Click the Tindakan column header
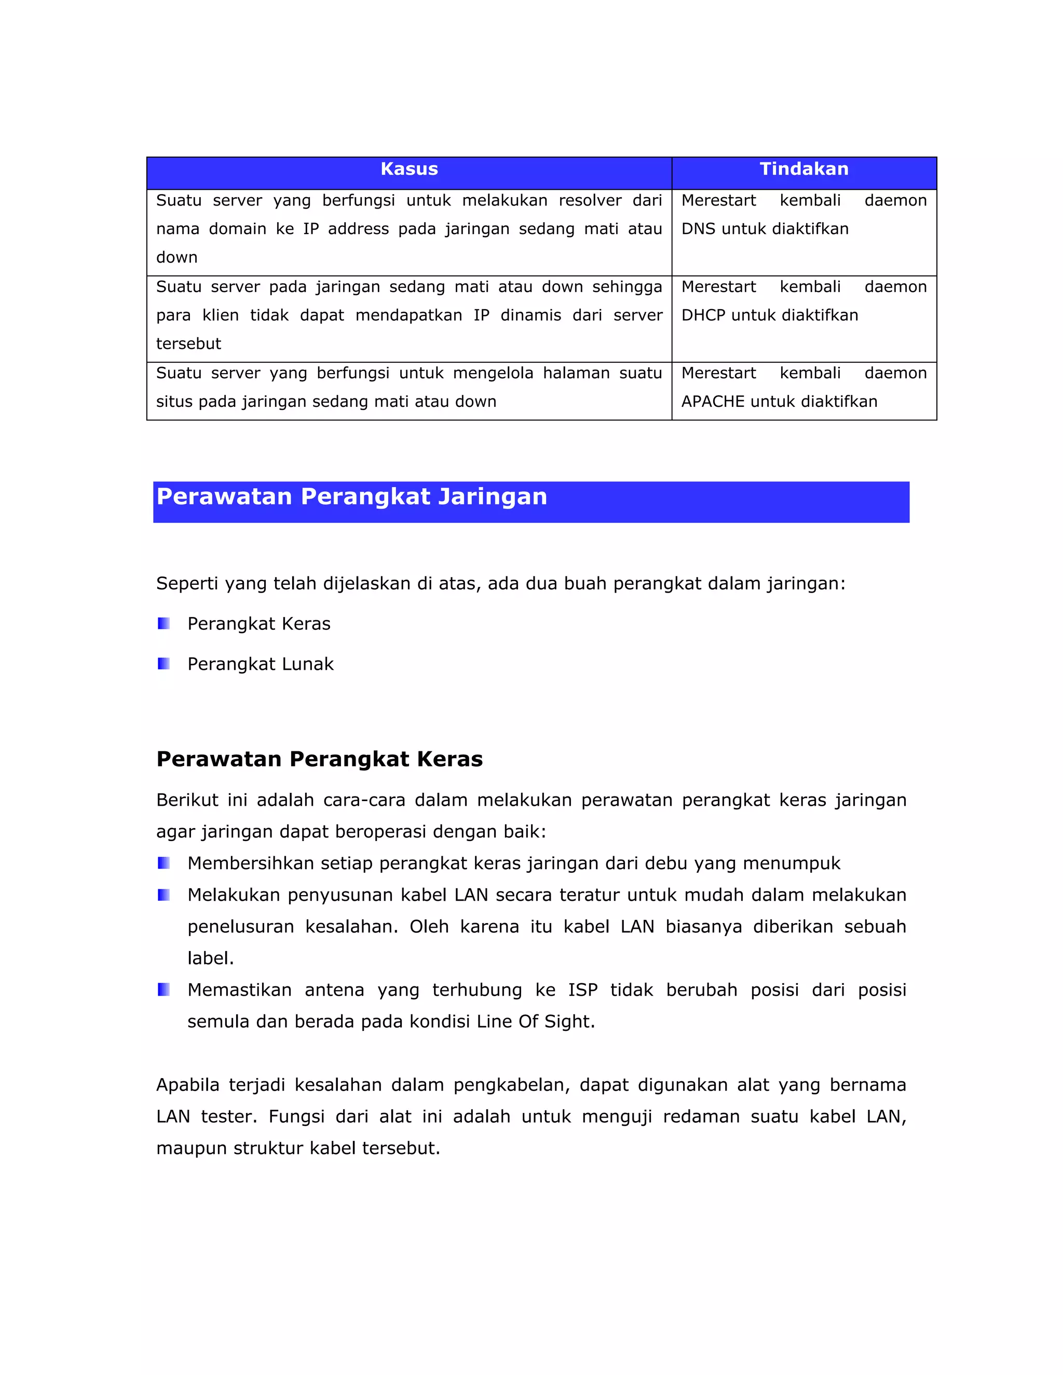[x=803, y=169]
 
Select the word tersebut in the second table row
[x=188, y=343]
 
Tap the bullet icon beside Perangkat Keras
[x=163, y=623]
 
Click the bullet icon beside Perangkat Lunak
[x=163, y=664]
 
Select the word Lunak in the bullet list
[x=307, y=664]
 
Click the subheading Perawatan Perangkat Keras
[x=319, y=759]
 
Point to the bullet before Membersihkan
[x=163, y=862]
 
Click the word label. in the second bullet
[x=210, y=958]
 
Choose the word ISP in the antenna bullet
[x=582, y=989]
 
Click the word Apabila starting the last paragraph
[x=188, y=1085]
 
